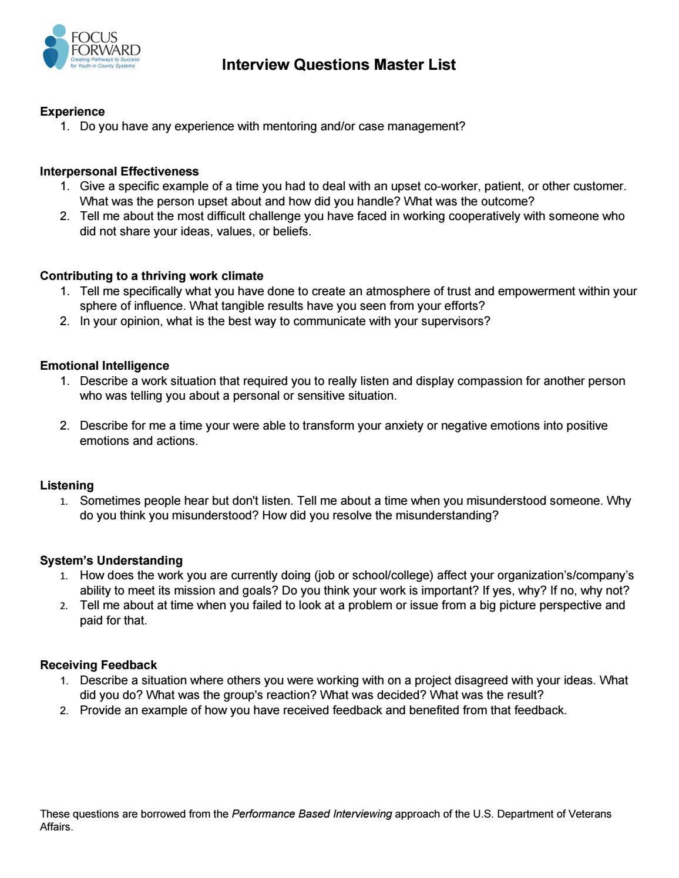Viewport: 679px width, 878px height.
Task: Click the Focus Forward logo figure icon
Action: pos(55,48)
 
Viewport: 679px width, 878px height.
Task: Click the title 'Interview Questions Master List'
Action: pos(338,65)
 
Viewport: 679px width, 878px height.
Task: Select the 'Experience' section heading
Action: pos(72,112)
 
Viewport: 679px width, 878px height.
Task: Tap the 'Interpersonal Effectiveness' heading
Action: pos(119,171)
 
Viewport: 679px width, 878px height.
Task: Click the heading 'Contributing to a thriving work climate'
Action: pos(152,276)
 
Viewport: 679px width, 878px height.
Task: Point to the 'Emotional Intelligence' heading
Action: pos(105,366)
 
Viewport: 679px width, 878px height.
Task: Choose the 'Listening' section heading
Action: pos(67,485)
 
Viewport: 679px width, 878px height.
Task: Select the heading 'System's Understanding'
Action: pos(111,560)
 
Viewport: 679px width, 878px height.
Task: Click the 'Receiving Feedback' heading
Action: pos(98,665)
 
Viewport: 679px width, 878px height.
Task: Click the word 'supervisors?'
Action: pos(455,321)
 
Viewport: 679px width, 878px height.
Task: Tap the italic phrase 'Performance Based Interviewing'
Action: pos(312,814)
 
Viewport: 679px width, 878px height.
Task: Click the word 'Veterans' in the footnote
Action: pos(590,814)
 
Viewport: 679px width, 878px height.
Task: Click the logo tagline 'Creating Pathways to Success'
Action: pos(105,60)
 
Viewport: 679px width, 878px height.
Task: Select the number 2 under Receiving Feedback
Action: pos(64,711)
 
